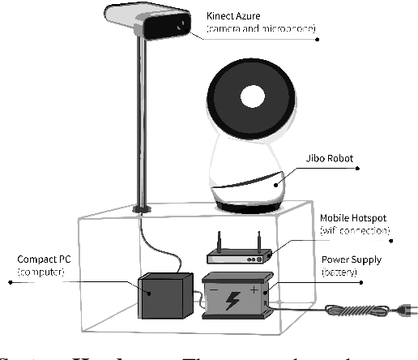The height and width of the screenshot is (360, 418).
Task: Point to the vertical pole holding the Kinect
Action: click(143, 122)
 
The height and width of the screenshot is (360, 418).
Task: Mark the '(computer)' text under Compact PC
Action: click(43, 273)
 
